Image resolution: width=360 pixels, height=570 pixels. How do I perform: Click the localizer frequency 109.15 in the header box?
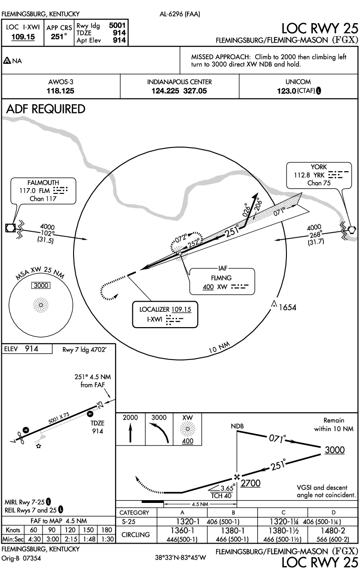(x=23, y=37)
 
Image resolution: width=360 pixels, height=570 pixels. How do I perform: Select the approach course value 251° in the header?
(x=59, y=37)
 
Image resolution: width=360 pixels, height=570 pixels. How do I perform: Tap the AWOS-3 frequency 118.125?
(x=61, y=91)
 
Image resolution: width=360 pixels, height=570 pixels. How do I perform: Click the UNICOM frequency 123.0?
(x=287, y=91)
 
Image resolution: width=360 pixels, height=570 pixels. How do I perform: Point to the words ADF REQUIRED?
(x=46, y=109)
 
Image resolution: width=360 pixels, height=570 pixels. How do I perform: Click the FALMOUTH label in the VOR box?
(x=43, y=183)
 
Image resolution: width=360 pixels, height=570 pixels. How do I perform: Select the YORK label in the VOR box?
(x=319, y=167)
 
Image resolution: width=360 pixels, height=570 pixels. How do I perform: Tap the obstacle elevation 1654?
(x=287, y=307)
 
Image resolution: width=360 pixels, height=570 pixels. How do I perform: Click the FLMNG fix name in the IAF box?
(x=221, y=278)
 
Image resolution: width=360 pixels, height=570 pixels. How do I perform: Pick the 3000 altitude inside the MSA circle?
(x=41, y=285)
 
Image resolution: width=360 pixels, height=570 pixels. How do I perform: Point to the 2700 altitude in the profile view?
(x=251, y=483)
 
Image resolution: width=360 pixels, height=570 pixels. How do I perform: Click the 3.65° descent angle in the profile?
(x=227, y=488)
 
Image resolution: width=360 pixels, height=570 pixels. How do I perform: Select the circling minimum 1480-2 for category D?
(x=333, y=531)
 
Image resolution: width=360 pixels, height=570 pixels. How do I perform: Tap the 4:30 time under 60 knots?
(x=34, y=539)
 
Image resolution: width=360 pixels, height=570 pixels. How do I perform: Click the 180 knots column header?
(x=107, y=530)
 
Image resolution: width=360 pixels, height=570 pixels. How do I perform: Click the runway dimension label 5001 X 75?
(x=59, y=418)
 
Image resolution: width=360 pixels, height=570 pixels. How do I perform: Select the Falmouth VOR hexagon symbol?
(x=11, y=228)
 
